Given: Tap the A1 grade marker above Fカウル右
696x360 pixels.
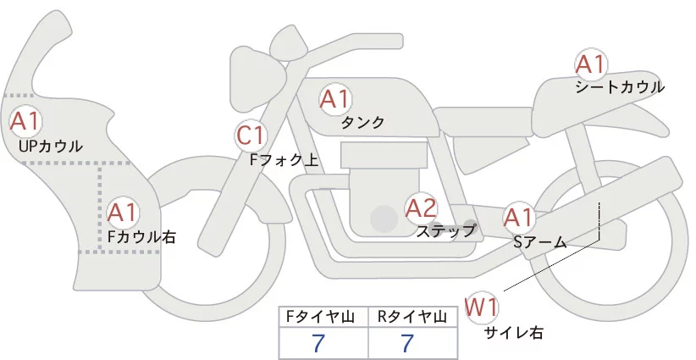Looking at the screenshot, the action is [x=123, y=211].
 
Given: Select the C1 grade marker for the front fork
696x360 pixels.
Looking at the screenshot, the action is [x=251, y=135].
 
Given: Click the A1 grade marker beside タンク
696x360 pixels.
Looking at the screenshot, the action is [x=334, y=99].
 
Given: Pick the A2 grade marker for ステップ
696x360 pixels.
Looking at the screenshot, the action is [x=421, y=208].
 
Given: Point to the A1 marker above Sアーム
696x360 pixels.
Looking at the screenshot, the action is [x=518, y=218].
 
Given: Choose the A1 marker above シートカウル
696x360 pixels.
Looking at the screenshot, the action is [x=590, y=64].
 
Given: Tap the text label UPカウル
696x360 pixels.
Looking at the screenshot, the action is [x=50, y=147].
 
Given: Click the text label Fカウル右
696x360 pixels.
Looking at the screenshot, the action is [x=141, y=237].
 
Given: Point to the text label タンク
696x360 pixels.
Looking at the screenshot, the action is [x=362, y=123].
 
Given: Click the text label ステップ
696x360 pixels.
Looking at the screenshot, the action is [x=446, y=230].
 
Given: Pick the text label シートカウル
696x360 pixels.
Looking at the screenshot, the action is [x=620, y=87].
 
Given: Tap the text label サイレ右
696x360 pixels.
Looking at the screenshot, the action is [x=514, y=333].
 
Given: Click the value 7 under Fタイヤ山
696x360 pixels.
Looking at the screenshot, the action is [x=319, y=344].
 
